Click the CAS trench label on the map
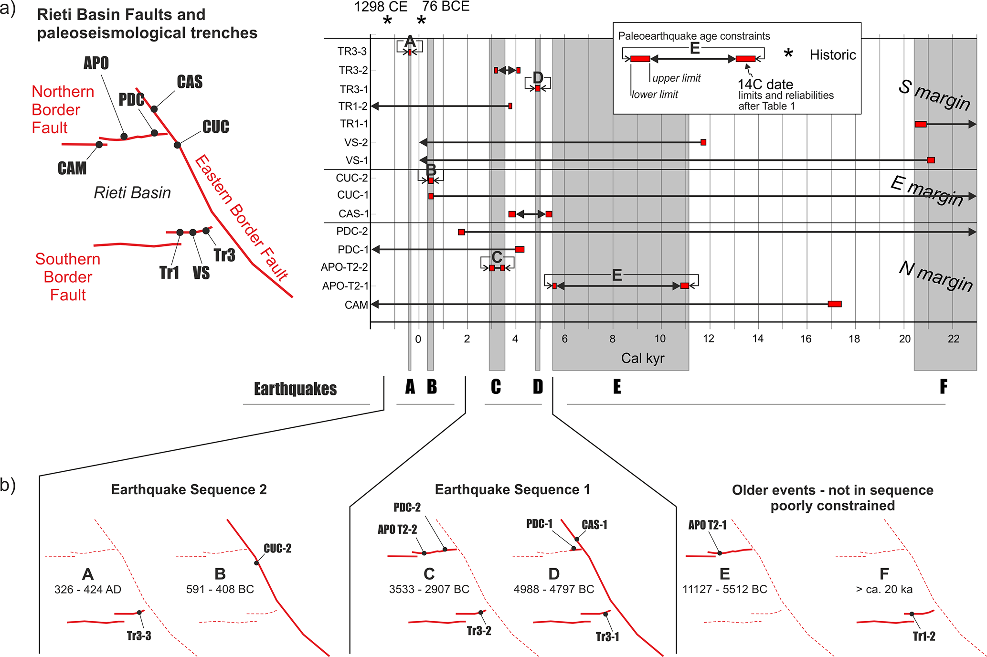190,82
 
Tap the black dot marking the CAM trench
99,144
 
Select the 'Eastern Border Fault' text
242,217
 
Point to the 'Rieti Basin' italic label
132,193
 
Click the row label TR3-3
352,52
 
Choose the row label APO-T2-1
345,286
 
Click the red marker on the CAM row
835,304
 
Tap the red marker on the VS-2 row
703,142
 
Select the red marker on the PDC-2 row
461,232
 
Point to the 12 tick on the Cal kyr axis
709,339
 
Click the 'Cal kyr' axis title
642,358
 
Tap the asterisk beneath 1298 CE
388,21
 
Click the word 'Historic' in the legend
833,55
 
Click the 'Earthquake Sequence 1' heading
512,489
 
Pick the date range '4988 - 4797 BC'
554,589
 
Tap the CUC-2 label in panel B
277,548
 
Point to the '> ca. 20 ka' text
884,589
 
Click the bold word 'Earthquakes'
295,389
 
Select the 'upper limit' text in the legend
677,78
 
